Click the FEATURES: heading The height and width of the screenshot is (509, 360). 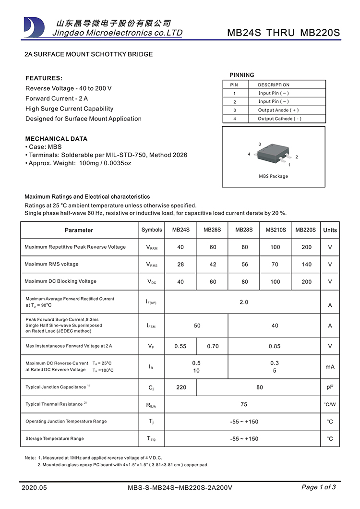tap(44, 78)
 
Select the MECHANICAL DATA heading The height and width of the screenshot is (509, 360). tap(56, 139)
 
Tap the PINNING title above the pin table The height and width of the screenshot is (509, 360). tap(242, 75)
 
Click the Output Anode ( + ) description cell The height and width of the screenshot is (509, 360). tap(278, 110)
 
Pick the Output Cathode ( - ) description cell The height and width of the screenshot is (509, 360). tap(279, 119)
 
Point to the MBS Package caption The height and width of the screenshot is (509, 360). tap(274, 176)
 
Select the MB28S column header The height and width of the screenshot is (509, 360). tap(244, 230)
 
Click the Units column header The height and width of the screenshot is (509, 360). tap(330, 230)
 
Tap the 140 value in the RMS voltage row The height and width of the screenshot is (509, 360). tap(306, 265)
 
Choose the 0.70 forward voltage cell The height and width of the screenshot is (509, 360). tap(213, 346)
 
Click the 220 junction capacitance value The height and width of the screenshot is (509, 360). tap(181, 388)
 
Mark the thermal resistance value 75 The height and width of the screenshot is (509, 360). tap(244, 404)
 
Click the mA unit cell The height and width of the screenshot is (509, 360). tap(330, 367)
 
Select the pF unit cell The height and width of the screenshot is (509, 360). tap(330, 387)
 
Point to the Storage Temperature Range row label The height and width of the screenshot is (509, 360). tap(54, 439)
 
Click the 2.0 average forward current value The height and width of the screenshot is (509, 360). tap(244, 303)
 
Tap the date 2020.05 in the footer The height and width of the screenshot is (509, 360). tap(35, 488)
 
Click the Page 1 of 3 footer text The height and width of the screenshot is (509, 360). tap(318, 487)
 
